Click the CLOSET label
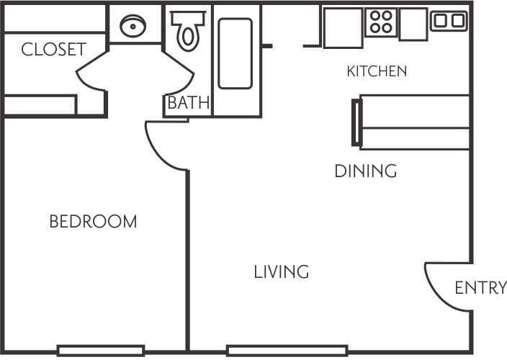pos(53,50)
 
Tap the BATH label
pos(188,104)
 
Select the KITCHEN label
pos(377,71)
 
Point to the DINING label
pos(366,171)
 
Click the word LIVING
pos(281,272)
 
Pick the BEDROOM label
pos(93,222)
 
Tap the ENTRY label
pos(480,289)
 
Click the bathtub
pos(235,54)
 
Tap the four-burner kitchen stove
pos(380,23)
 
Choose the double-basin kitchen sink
pos(449,21)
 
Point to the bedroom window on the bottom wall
pos(101,351)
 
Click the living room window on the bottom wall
pos(287,351)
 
